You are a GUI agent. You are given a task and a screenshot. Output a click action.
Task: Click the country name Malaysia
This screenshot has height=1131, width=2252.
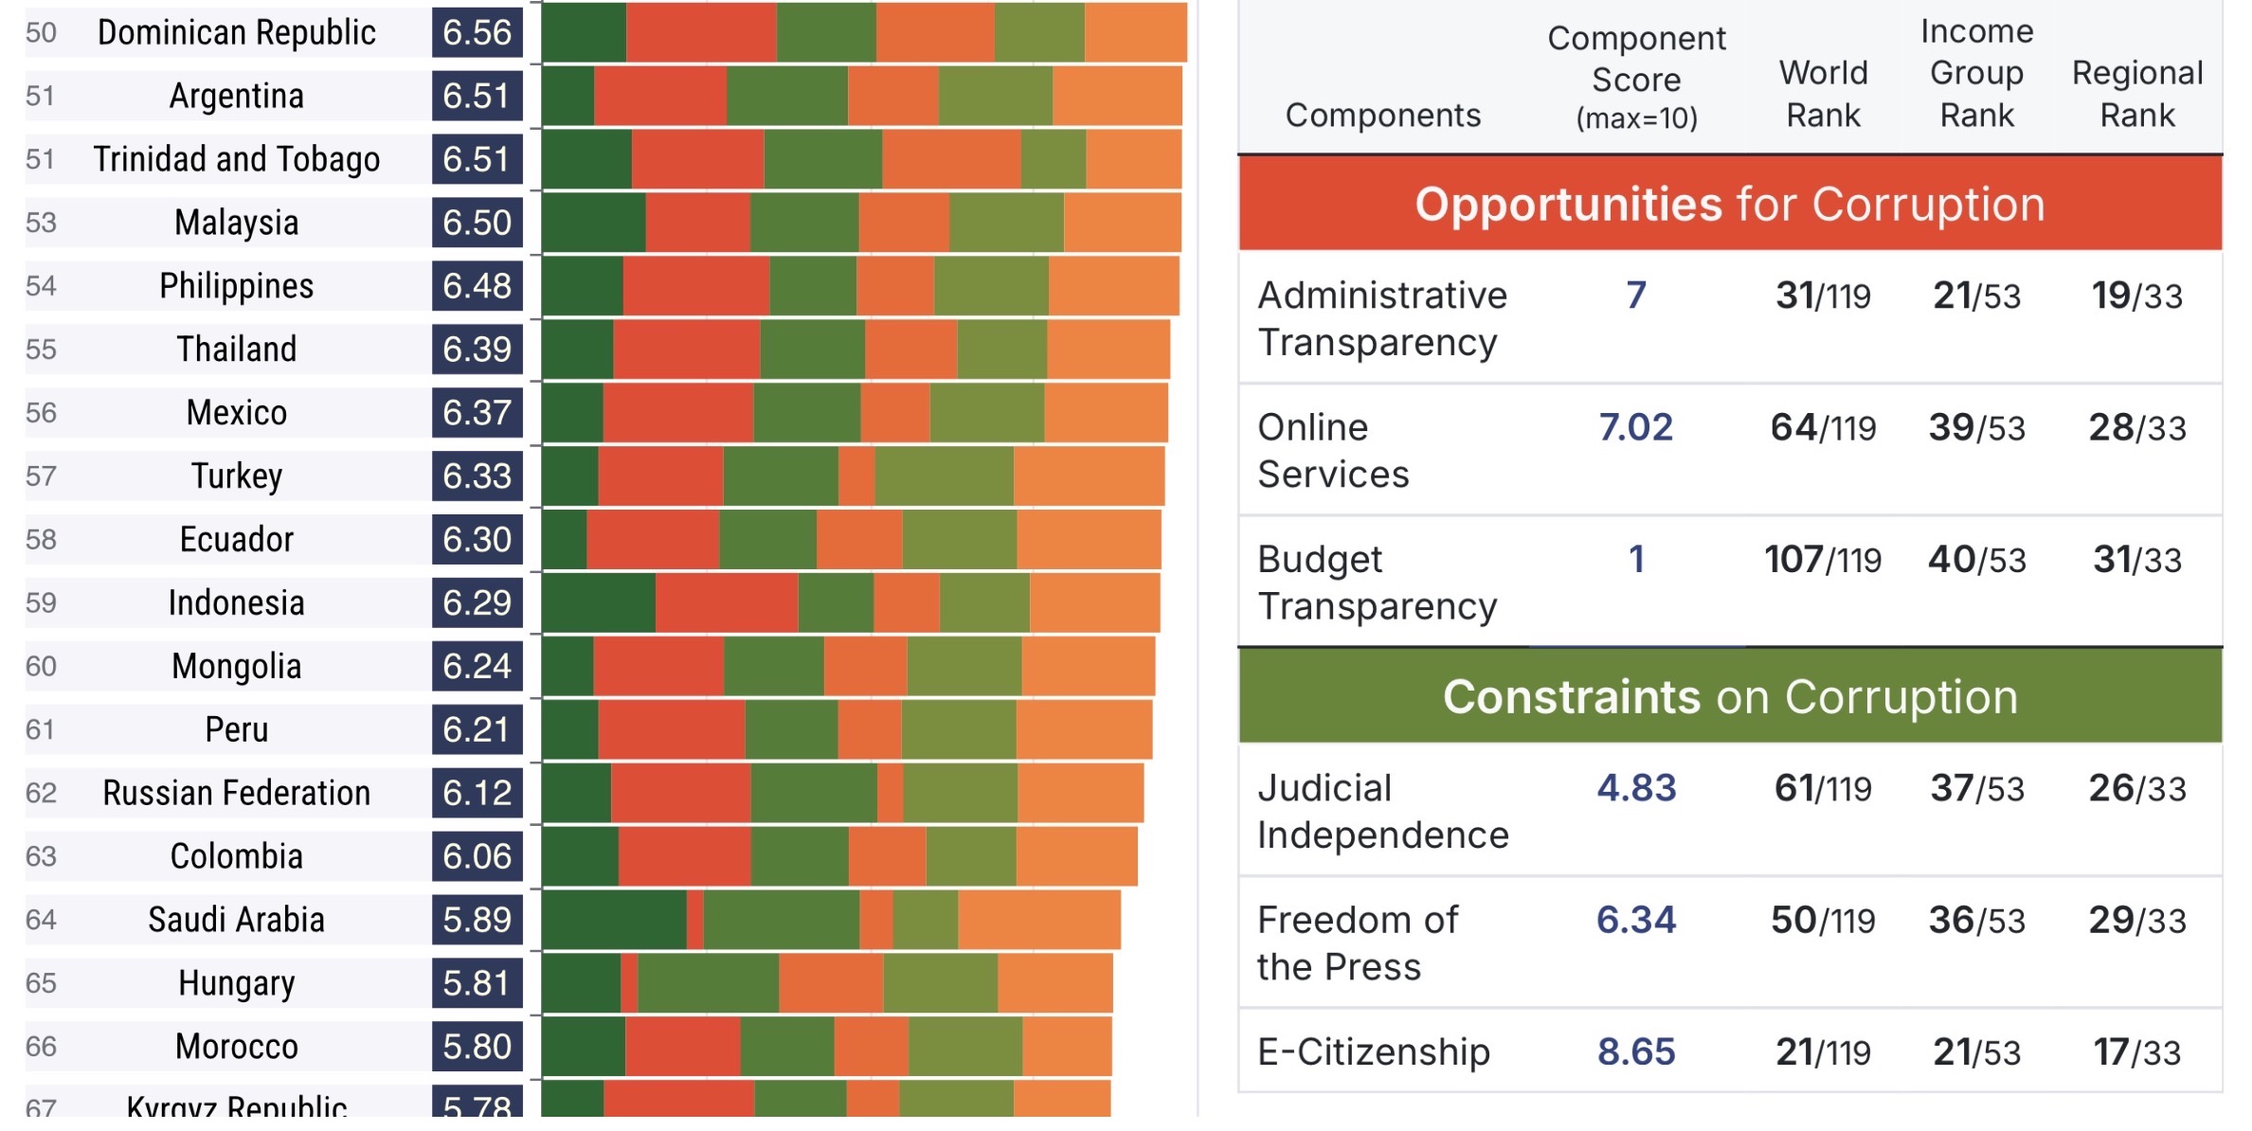point(236,224)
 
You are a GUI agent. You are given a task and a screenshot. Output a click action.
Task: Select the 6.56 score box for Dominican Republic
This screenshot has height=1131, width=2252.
point(477,33)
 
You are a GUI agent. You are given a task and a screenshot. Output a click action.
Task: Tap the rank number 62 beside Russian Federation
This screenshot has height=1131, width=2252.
point(41,794)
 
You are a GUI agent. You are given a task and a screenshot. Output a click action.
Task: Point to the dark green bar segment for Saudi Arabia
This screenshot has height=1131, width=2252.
point(613,920)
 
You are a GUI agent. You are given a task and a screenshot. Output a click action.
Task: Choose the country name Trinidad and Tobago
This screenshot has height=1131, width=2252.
point(236,160)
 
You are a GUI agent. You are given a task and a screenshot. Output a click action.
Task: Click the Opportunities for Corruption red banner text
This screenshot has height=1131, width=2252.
point(1729,205)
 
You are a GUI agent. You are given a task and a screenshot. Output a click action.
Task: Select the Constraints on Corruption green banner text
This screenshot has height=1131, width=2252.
point(1729,698)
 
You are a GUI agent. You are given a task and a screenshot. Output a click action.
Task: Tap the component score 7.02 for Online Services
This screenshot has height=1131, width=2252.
point(1635,428)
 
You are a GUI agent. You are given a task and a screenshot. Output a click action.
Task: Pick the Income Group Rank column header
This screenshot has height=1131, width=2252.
point(1976,74)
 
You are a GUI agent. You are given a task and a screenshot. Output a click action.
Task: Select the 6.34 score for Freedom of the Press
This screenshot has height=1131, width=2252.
point(1635,921)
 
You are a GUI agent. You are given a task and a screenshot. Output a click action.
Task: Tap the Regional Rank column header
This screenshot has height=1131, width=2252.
point(2136,95)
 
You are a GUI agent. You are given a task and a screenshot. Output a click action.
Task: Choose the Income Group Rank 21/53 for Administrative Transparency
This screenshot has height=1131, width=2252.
point(1976,296)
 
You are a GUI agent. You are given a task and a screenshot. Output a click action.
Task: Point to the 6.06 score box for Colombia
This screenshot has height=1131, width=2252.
point(477,857)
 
